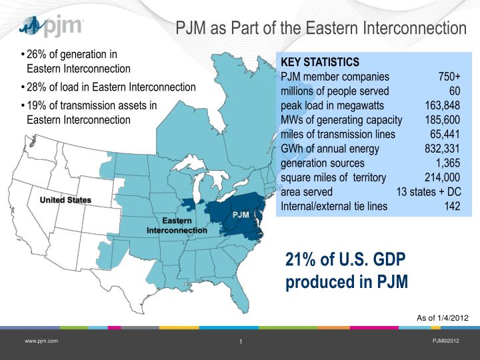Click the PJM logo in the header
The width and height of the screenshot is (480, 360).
pyautogui.click(x=51, y=26)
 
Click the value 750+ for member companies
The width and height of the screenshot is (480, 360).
pyautogui.click(x=449, y=77)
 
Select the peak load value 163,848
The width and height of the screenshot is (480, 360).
pyautogui.click(x=443, y=105)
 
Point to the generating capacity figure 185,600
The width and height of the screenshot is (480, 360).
pyautogui.click(x=443, y=120)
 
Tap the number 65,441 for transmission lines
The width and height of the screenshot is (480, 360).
pyautogui.click(x=445, y=134)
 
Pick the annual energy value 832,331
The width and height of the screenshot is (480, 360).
pyautogui.click(x=442, y=149)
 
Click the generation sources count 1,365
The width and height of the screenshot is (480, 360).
pyautogui.click(x=448, y=163)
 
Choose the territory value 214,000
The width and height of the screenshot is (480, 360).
pyautogui.click(x=442, y=177)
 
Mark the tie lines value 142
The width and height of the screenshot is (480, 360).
pyautogui.click(x=453, y=206)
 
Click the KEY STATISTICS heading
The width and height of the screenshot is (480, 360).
pyautogui.click(x=320, y=62)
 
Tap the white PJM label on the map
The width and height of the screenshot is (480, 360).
pyautogui.click(x=241, y=215)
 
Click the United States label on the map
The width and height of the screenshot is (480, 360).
pyautogui.click(x=65, y=200)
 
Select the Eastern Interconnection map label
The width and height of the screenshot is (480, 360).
pyautogui.click(x=177, y=225)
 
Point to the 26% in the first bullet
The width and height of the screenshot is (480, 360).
pyautogui.click(x=37, y=55)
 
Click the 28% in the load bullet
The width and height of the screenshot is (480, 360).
pyautogui.click(x=37, y=87)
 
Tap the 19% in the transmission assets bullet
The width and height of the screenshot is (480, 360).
pyautogui.click(x=37, y=105)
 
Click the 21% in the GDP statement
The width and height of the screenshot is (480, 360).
pyautogui.click(x=301, y=259)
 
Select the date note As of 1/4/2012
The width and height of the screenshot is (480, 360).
pyautogui.click(x=443, y=318)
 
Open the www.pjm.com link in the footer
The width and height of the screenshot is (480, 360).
pyautogui.click(x=41, y=341)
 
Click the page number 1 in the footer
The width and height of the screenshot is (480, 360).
pyautogui.click(x=241, y=341)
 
